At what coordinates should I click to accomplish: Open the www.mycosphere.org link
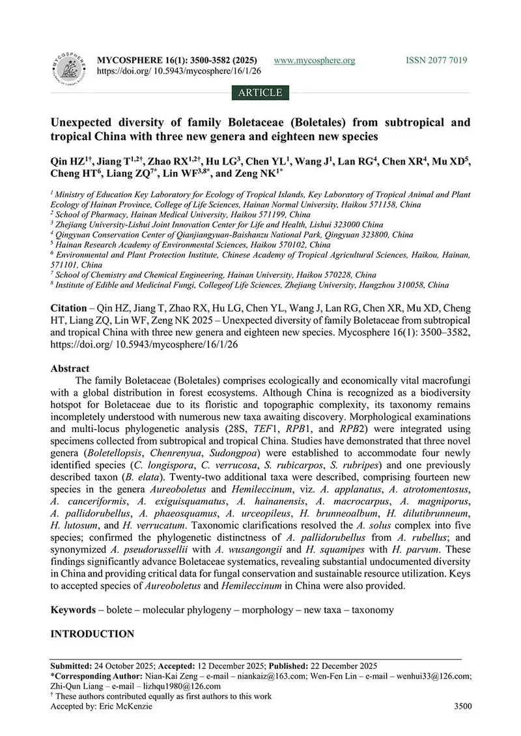315,61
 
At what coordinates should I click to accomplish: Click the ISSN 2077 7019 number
436,61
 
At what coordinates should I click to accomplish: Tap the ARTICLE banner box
260,92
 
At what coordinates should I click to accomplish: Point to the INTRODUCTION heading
92,633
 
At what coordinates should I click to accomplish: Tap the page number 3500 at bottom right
460,707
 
